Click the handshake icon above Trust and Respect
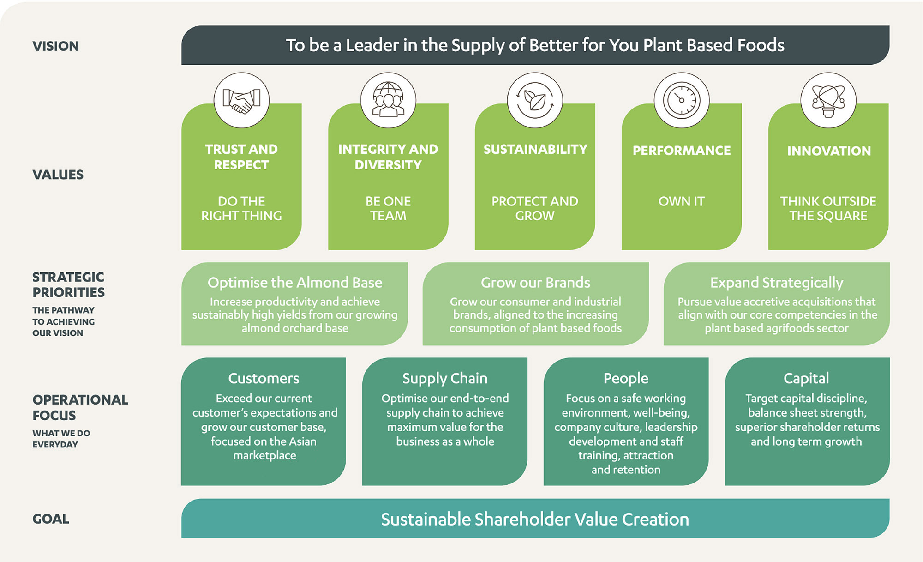(x=241, y=100)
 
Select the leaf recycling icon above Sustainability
(x=535, y=100)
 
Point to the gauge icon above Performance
(x=682, y=100)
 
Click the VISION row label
(x=55, y=46)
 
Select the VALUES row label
(x=58, y=175)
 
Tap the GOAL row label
(x=51, y=519)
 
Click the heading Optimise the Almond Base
(x=295, y=283)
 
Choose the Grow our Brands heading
(x=535, y=282)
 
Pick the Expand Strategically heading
(x=777, y=283)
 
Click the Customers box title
(x=264, y=378)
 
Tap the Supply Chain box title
(x=445, y=379)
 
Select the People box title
(x=626, y=379)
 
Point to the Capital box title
(x=806, y=379)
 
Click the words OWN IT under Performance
(x=682, y=201)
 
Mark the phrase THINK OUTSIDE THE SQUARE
(x=828, y=208)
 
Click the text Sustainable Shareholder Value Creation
(x=535, y=520)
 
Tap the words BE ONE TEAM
(x=388, y=208)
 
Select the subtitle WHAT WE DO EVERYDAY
(x=61, y=439)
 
